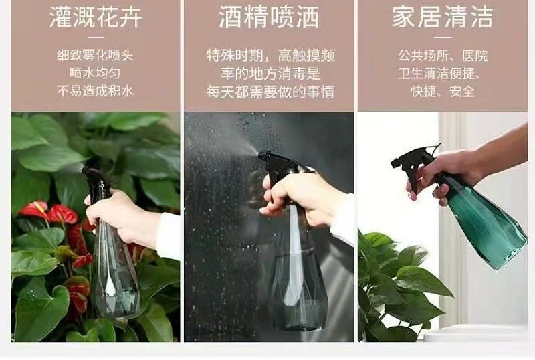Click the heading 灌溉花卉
point(96,17)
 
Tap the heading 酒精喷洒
point(269,17)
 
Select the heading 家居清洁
point(443,17)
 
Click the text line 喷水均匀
point(95,73)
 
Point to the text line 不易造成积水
point(95,91)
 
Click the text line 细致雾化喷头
point(95,55)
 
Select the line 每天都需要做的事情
point(270,92)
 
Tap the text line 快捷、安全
point(443,91)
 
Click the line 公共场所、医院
point(443,56)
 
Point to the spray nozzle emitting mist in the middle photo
point(263,155)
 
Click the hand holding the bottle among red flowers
point(121,217)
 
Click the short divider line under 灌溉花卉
point(96,37)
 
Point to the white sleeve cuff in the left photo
point(169,236)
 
